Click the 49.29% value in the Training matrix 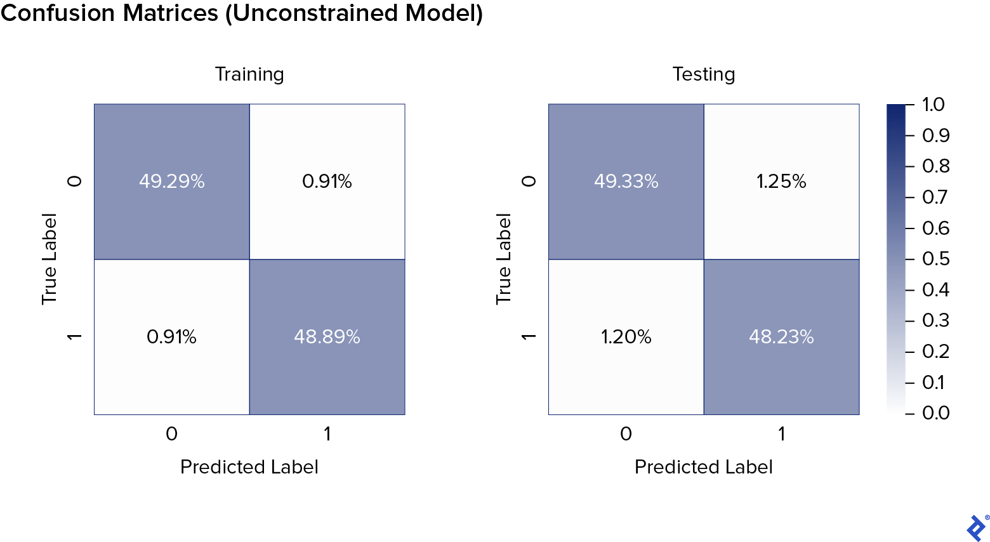(x=171, y=182)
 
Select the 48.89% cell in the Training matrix (x=327, y=336)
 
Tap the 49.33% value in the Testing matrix (x=626, y=182)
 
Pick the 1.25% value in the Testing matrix (x=781, y=182)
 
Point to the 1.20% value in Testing (x=626, y=336)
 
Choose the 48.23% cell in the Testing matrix (x=781, y=336)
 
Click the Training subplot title (x=249, y=74)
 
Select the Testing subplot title (x=704, y=74)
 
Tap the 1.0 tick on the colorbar (x=933, y=104)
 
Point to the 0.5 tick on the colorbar (x=935, y=259)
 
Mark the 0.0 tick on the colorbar (x=935, y=413)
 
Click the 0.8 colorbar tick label (x=935, y=166)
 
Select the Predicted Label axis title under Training (x=249, y=467)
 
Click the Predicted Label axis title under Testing (x=704, y=467)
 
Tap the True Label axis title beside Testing (x=503, y=259)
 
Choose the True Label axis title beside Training (x=49, y=259)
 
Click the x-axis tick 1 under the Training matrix (x=327, y=434)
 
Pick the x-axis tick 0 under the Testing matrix (x=626, y=434)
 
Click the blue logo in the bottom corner (x=976, y=527)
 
